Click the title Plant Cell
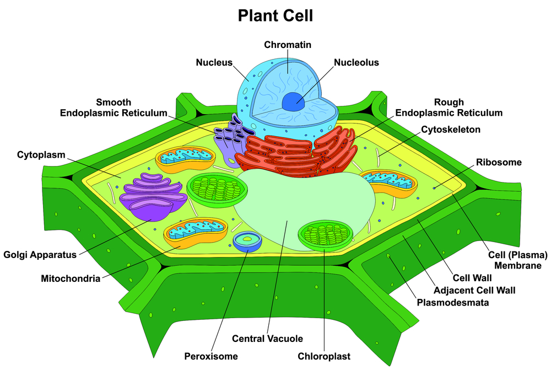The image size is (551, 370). click(275, 15)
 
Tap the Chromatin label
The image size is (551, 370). click(287, 44)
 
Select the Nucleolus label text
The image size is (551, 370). click(356, 62)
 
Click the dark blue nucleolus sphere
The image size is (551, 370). click(293, 101)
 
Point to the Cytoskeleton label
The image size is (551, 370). click(451, 130)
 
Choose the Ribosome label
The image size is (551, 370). click(499, 162)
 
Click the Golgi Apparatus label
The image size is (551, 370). click(40, 255)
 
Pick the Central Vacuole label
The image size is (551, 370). click(267, 339)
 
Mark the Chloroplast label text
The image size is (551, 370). click(324, 356)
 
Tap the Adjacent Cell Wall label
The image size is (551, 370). click(474, 290)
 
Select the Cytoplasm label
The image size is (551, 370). click(41, 154)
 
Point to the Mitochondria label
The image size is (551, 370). click(71, 278)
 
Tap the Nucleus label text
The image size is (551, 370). click(214, 62)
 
